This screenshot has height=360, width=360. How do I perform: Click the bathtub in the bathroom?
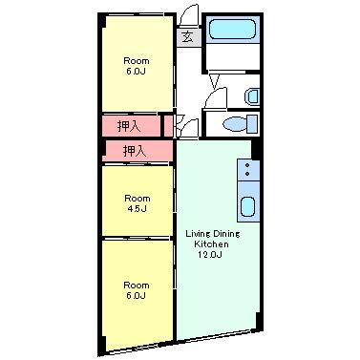click(232, 30)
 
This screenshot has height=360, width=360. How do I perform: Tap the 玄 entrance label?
click(188, 38)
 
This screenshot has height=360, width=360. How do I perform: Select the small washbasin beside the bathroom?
click(252, 96)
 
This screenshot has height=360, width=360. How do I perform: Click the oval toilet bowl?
click(235, 124)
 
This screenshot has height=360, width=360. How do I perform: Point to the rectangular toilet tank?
click(252, 124)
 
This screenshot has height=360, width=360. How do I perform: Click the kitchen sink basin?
click(247, 206)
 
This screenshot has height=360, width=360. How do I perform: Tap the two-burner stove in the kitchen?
click(248, 170)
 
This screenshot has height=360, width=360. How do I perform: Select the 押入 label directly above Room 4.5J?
click(135, 151)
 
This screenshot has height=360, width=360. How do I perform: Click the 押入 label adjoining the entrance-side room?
click(129, 126)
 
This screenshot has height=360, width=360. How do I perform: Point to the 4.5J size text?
click(137, 209)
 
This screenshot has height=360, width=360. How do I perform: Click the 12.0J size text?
click(210, 255)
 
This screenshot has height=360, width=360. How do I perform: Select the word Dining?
click(226, 234)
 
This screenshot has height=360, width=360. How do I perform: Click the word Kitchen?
click(211, 244)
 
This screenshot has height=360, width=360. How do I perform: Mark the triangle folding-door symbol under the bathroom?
click(215, 81)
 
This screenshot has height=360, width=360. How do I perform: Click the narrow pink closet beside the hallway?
click(168, 126)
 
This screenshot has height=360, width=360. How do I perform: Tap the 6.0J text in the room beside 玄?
click(136, 71)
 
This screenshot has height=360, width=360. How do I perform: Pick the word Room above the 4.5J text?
click(137, 199)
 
